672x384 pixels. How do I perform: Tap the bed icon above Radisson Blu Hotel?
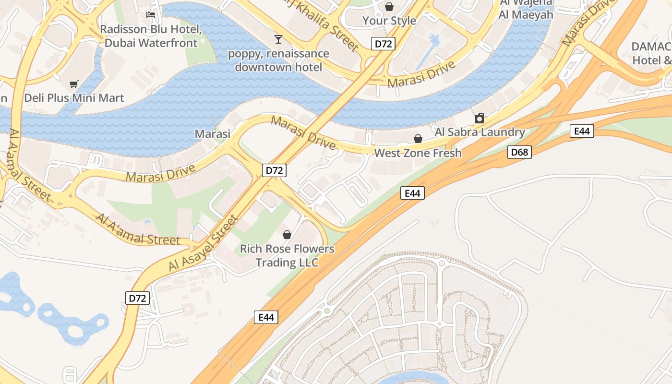click(150, 15)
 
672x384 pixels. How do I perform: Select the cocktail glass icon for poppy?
click(278, 39)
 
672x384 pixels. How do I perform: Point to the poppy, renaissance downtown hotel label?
click(278, 60)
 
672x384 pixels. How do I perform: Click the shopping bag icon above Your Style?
click(389, 7)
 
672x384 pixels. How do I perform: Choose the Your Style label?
click(389, 21)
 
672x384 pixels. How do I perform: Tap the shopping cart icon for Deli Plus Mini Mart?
click(73, 84)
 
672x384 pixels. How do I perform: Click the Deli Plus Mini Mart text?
click(74, 98)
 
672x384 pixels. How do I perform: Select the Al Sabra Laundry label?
click(480, 132)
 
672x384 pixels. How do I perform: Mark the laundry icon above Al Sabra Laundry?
click(479, 118)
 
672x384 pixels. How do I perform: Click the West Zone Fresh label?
click(418, 153)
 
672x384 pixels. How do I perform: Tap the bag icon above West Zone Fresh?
click(418, 139)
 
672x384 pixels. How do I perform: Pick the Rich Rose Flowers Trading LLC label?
click(287, 255)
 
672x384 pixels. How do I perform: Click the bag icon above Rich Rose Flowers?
click(287, 235)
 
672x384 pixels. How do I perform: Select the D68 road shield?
click(519, 153)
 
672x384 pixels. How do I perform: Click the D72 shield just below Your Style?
click(383, 44)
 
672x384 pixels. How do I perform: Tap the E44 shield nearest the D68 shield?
click(582, 131)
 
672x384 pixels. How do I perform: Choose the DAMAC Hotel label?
click(651, 53)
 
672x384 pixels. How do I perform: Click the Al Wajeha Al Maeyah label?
click(526, 9)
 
